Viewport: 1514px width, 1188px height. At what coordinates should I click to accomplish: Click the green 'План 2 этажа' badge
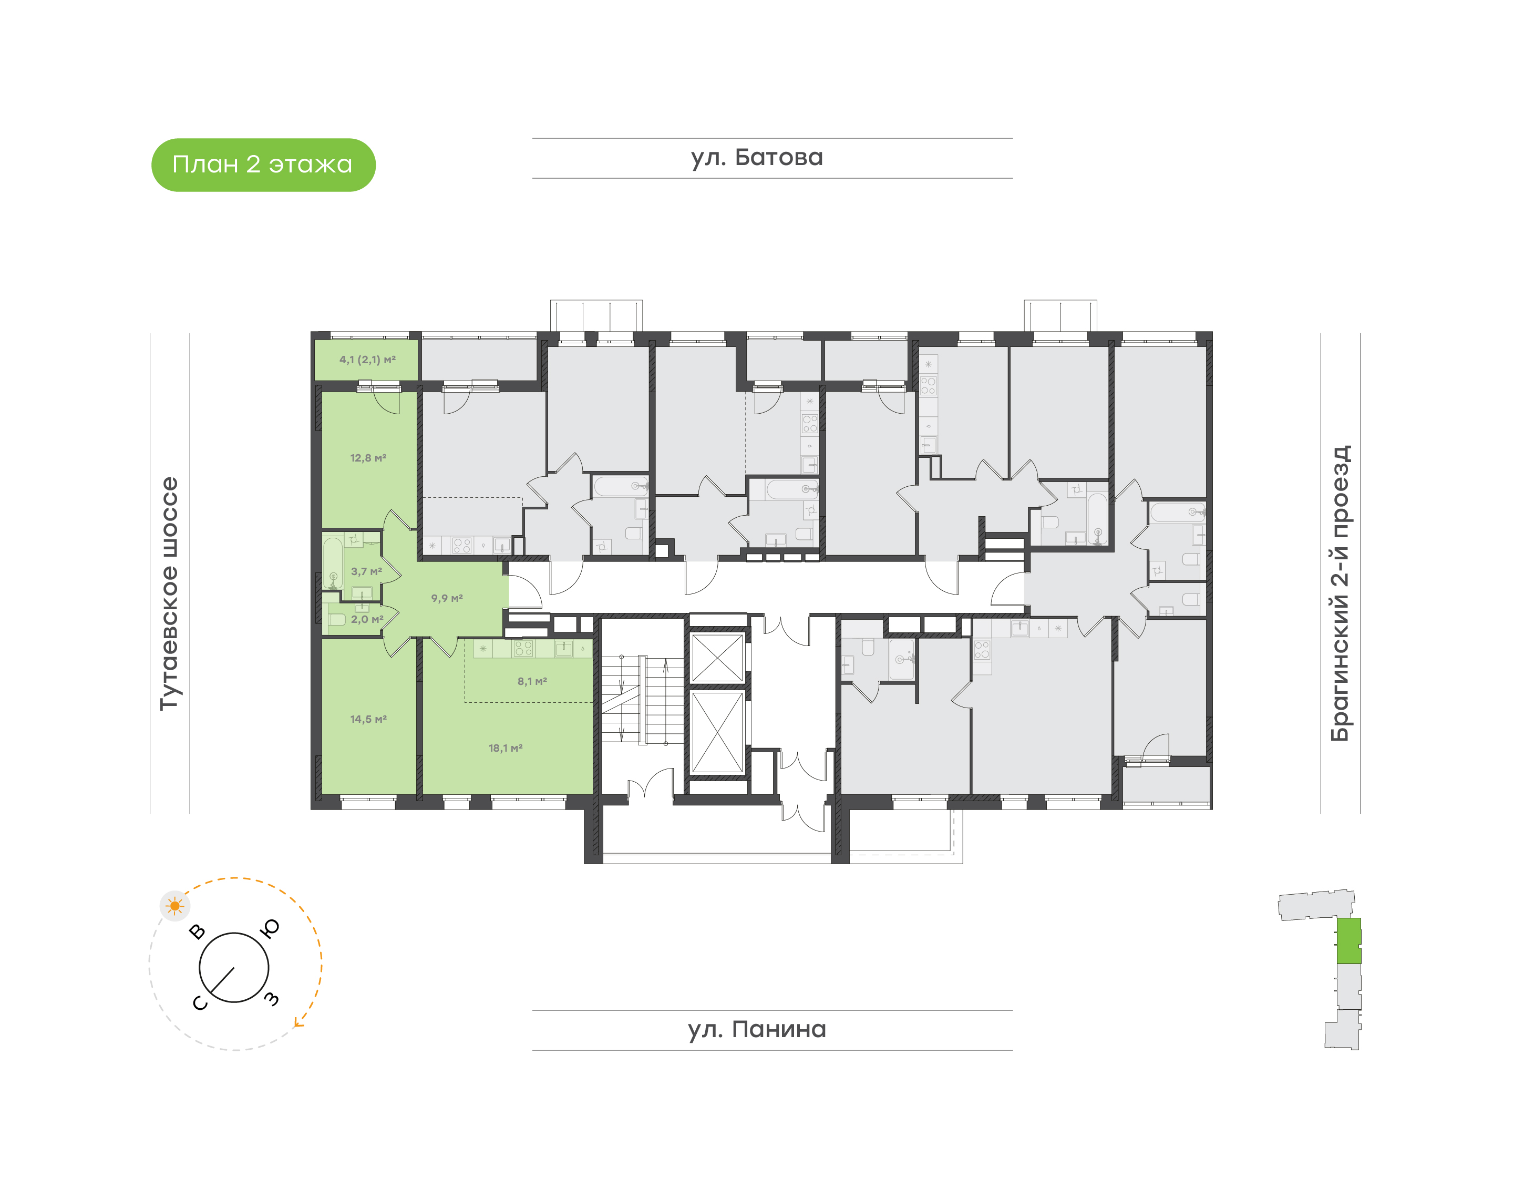[263, 165]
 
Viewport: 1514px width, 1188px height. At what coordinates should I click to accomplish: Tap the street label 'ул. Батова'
[757, 158]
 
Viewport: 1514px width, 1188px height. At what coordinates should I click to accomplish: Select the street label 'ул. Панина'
[757, 1029]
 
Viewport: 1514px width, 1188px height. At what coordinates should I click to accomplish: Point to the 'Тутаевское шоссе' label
[169, 593]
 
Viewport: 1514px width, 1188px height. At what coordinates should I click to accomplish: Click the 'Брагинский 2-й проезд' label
[1340, 593]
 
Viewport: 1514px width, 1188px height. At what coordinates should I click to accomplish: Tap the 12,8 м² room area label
[368, 458]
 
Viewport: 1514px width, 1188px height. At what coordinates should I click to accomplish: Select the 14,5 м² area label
[368, 719]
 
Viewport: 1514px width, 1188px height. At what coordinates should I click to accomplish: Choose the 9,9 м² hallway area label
[447, 598]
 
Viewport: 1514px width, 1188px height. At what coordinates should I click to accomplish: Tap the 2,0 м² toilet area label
[366, 619]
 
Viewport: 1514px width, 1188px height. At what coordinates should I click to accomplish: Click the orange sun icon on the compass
[174, 906]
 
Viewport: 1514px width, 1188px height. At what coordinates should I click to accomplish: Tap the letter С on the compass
[200, 1003]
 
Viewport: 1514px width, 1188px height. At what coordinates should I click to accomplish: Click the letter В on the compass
[198, 932]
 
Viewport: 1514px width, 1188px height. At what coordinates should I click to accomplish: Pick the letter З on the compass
[272, 999]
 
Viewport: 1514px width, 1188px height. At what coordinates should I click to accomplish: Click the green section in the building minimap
[1348, 941]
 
